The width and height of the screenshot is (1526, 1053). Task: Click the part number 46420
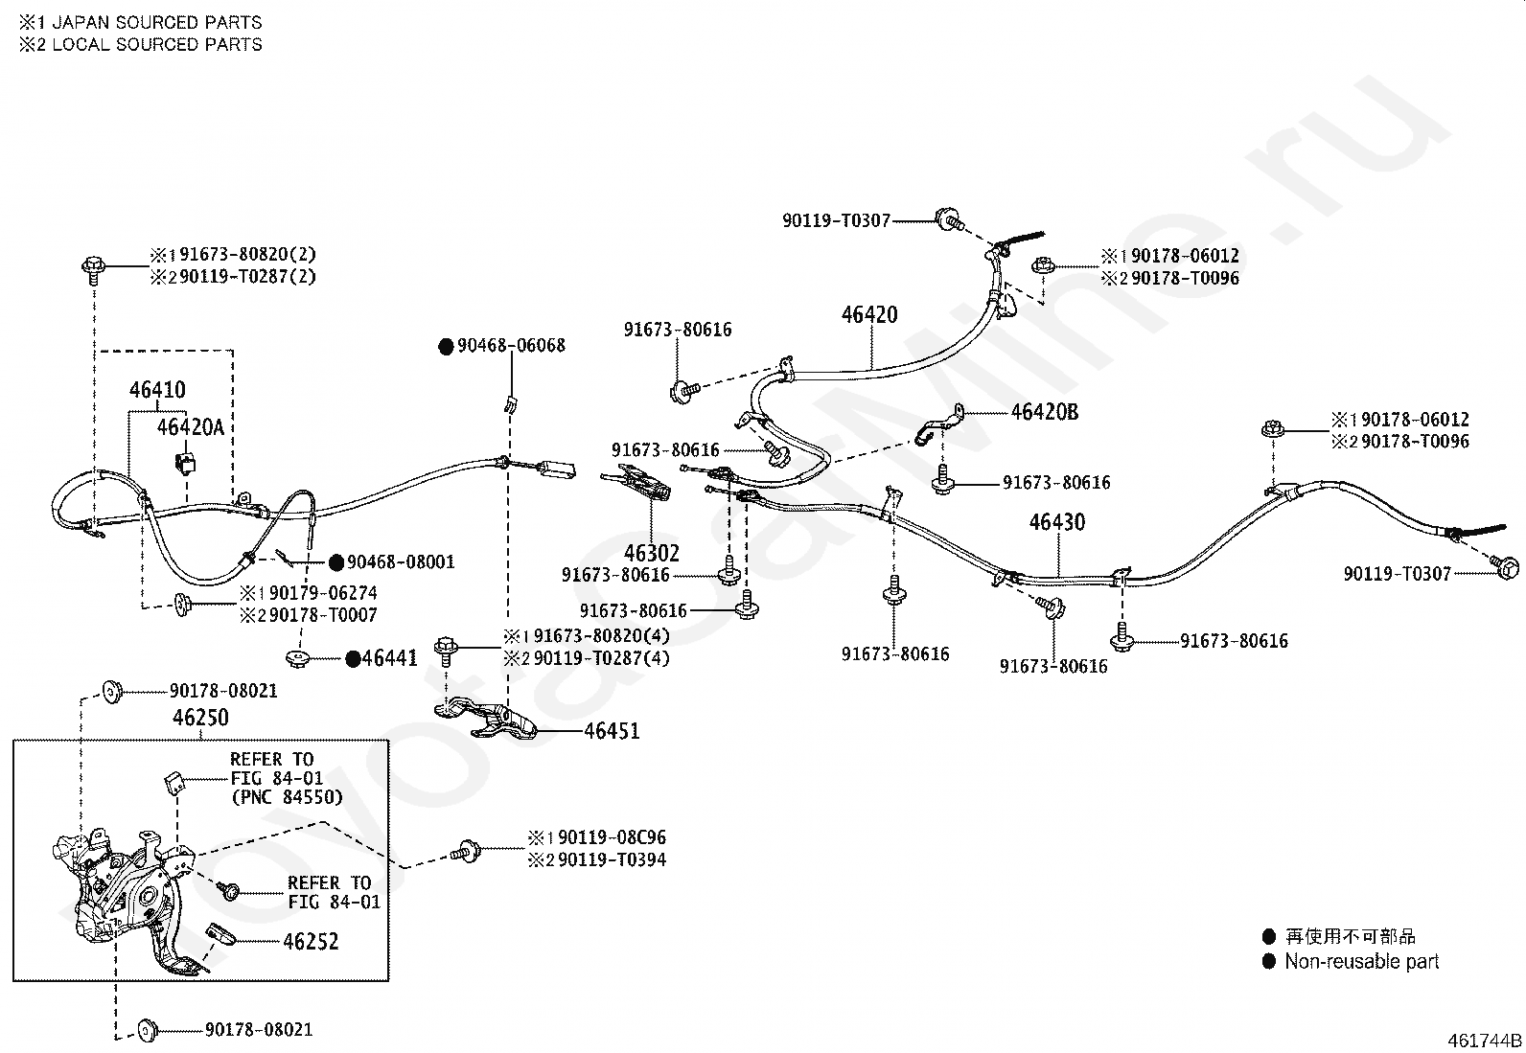point(869,314)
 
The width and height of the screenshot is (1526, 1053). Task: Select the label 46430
point(1057,522)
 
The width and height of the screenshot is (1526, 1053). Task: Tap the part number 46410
point(157,390)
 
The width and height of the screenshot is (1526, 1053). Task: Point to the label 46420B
point(1045,412)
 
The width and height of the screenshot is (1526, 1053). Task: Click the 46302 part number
point(652,553)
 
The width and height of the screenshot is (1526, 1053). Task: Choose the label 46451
point(612,731)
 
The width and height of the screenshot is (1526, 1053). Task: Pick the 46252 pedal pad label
point(311,941)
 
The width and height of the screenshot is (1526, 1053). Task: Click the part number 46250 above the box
point(200,718)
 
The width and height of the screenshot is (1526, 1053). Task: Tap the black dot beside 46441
point(353,658)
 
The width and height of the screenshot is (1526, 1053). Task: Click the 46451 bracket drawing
point(485,719)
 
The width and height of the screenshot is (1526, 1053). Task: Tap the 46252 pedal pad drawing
point(220,934)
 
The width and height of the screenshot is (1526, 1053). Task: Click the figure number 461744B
point(1485,1041)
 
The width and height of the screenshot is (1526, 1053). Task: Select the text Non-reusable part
point(1362,962)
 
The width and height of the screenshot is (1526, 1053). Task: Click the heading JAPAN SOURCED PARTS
point(157,22)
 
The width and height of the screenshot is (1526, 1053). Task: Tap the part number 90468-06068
point(511,345)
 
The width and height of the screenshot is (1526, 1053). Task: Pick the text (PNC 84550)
point(287,797)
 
